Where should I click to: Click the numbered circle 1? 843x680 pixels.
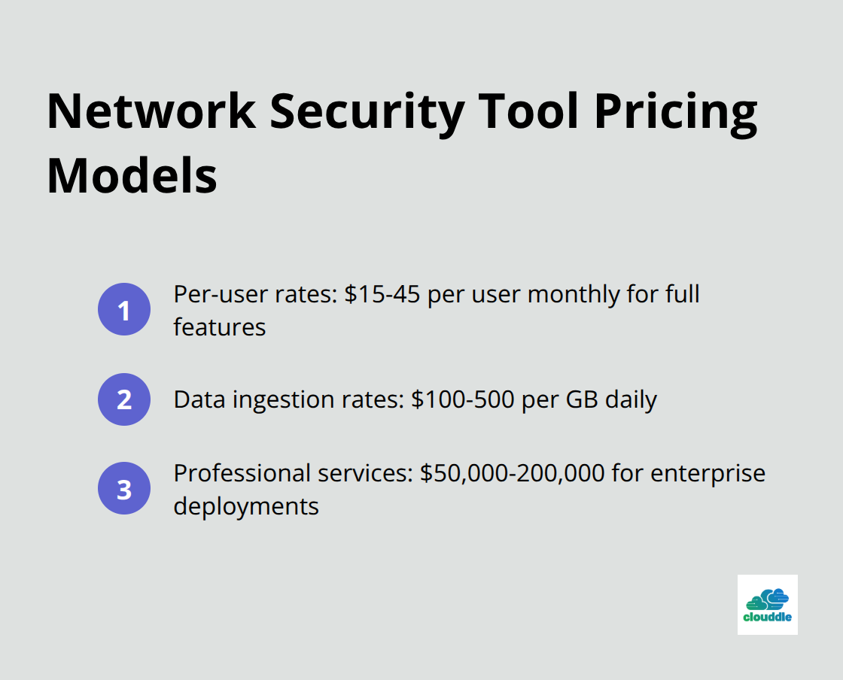tap(124, 309)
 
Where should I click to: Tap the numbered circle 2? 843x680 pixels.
tap(124, 399)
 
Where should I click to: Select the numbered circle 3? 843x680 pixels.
tap(124, 488)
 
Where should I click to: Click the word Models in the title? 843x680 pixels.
tap(132, 175)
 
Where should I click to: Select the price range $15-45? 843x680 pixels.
tap(382, 294)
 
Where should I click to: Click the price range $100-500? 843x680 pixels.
tap(463, 399)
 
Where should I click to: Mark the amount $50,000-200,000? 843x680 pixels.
tap(513, 474)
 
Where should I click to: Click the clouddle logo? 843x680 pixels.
tap(767, 605)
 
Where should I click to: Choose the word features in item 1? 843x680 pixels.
tap(219, 327)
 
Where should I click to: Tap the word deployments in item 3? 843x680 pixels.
tap(246, 506)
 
